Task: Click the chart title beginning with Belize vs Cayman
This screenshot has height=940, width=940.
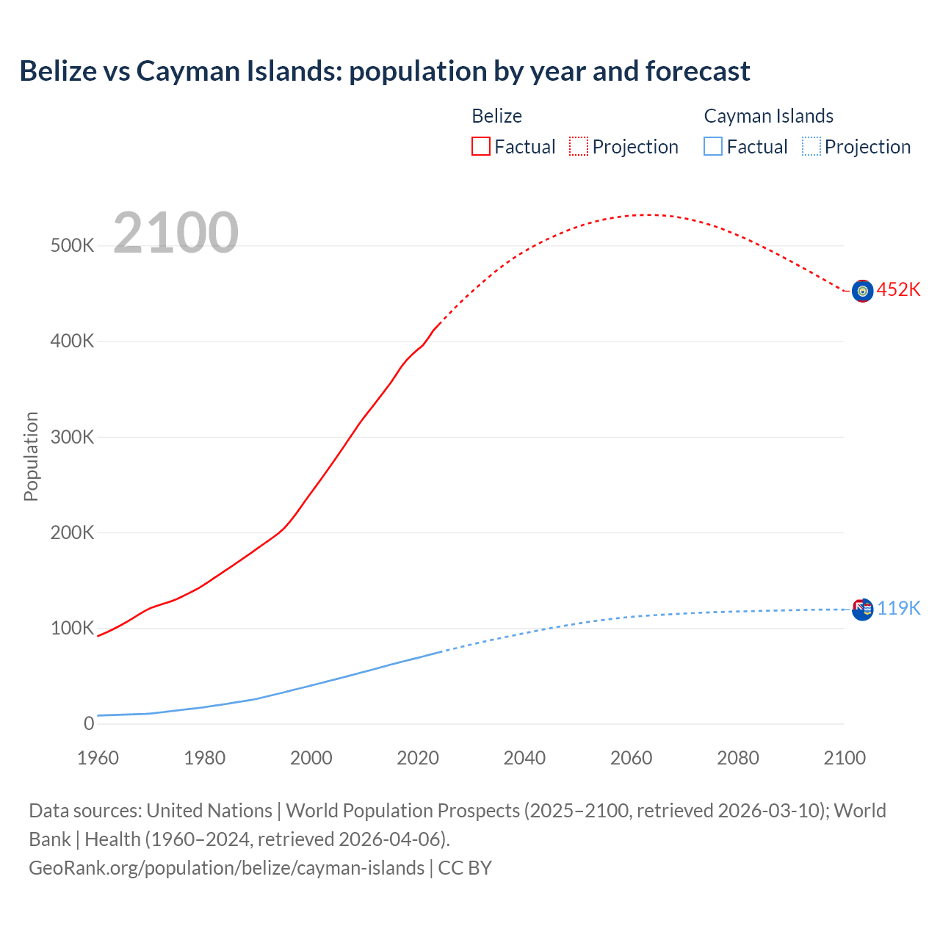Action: click(384, 71)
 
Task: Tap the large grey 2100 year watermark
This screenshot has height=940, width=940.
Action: click(176, 233)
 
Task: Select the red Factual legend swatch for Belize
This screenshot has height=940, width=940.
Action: click(480, 147)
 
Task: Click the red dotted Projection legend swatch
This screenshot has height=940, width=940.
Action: click(579, 147)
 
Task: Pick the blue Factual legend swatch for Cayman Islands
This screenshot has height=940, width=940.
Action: click(712, 147)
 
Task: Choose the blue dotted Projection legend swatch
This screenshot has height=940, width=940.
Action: click(811, 147)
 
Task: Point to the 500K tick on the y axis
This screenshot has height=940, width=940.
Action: click(72, 246)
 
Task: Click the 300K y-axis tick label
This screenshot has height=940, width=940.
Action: click(72, 438)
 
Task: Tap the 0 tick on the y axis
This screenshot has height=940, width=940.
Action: click(89, 724)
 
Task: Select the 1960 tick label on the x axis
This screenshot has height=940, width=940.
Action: click(98, 758)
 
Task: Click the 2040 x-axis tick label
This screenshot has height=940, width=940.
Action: click(524, 758)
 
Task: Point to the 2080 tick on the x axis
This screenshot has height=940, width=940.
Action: click(737, 758)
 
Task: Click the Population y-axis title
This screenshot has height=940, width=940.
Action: click(31, 456)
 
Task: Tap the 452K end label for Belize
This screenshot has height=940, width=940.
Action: click(898, 290)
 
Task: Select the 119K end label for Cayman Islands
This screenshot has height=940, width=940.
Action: click(898, 609)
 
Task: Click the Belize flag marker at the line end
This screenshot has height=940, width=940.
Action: click(862, 291)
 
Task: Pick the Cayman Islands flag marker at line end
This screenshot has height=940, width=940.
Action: click(862, 609)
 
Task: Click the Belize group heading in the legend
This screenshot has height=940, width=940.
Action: click(496, 116)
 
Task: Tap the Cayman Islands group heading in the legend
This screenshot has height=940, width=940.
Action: click(768, 116)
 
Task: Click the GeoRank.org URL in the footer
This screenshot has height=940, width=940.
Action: click(226, 868)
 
